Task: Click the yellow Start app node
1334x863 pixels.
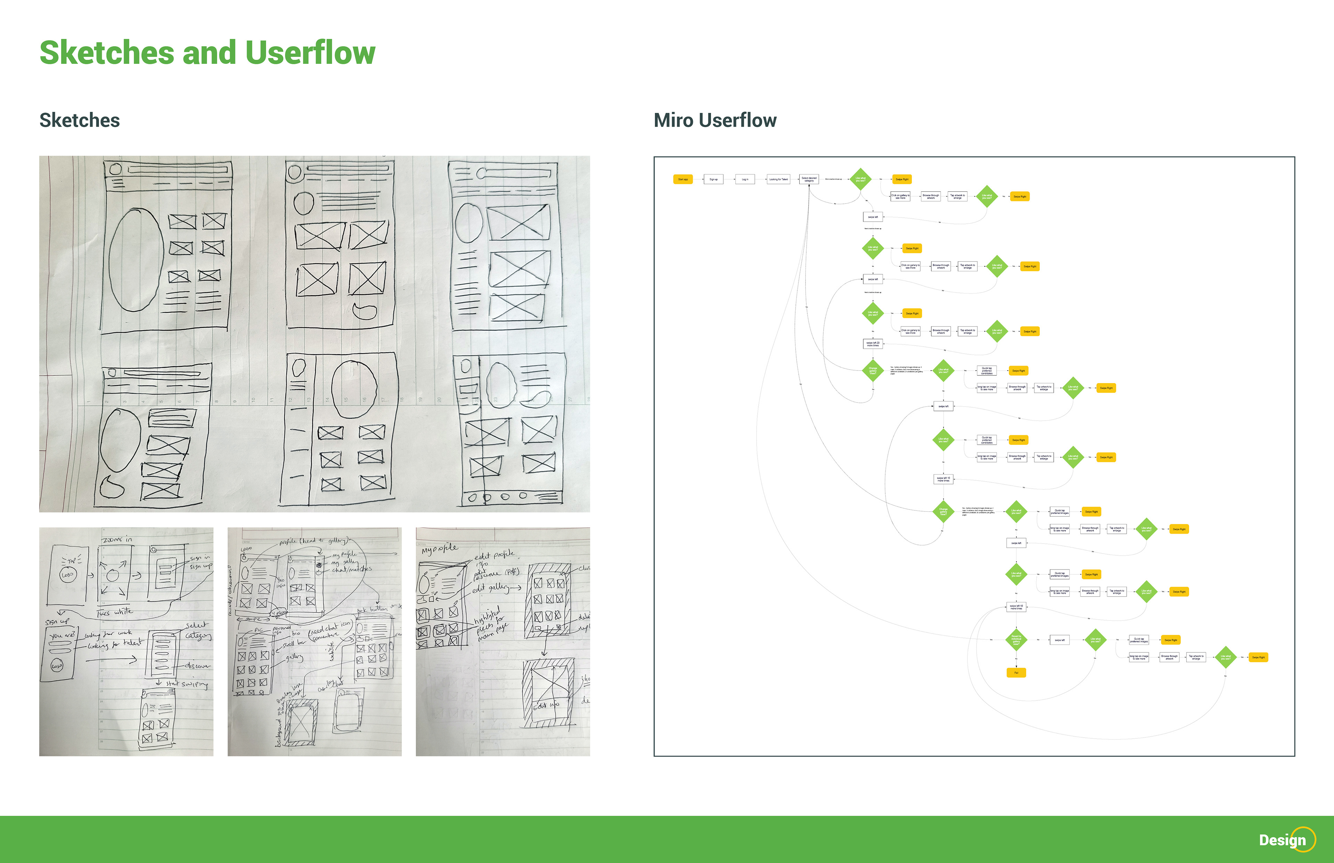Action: pos(683,179)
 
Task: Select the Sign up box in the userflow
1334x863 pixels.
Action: pos(713,179)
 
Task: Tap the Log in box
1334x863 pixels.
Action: pos(744,179)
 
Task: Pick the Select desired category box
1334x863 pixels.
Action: pos(809,179)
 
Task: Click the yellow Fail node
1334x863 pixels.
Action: pos(1016,672)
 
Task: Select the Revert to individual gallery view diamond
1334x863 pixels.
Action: pos(1016,639)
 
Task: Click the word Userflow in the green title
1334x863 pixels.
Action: pos(310,53)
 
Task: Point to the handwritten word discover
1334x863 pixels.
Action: pos(197,666)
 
